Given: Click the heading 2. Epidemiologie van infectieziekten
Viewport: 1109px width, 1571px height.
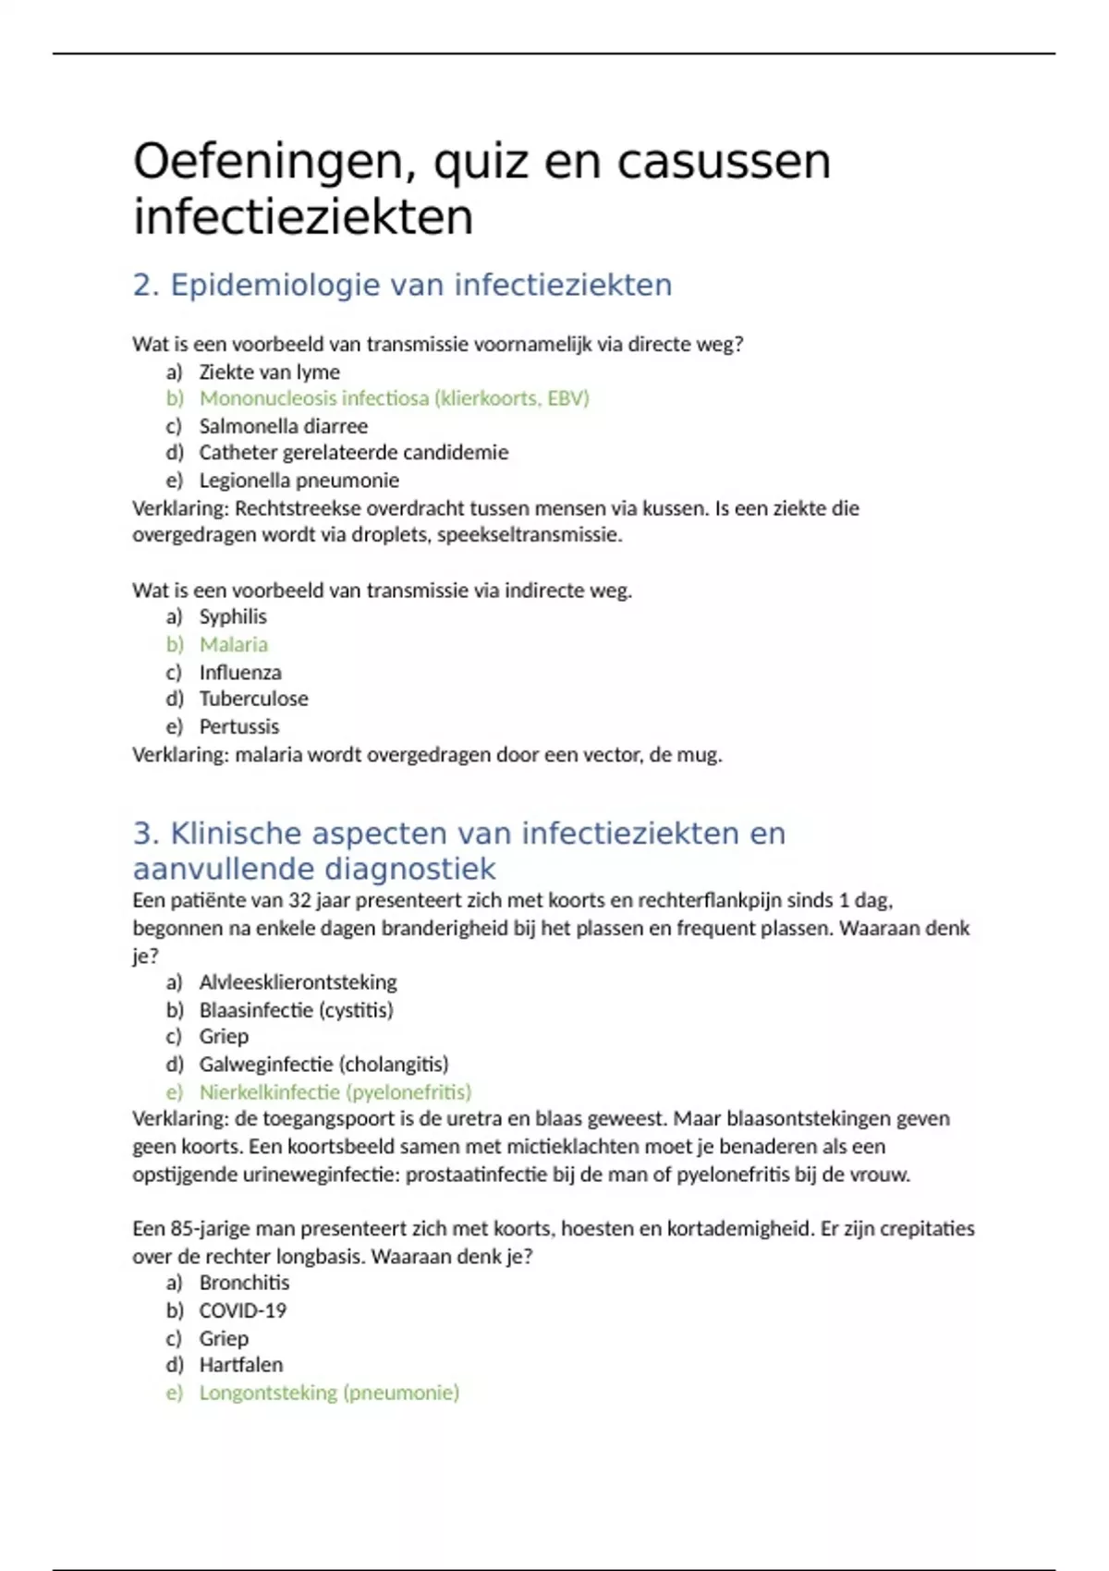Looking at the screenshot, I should pos(402,285).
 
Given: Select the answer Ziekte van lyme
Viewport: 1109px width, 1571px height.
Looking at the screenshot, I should pos(269,372).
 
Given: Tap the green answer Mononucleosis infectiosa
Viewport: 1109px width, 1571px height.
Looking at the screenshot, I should pos(394,398).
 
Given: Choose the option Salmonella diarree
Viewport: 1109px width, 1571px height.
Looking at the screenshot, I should pos(283,426).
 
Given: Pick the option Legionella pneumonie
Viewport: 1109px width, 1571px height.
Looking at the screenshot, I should pos(299,481).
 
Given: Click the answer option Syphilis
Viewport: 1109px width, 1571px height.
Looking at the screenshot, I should pos(233,616).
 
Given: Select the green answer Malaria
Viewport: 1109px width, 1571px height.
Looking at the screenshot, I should pos(233,644).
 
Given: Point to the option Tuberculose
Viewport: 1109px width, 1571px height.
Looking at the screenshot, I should pos(253,699).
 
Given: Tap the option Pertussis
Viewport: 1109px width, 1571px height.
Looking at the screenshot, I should pos(238,726).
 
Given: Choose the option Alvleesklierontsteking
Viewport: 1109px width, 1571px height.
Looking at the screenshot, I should pos(298,981).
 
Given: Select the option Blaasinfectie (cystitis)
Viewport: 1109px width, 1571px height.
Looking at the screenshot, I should pos(296,1009).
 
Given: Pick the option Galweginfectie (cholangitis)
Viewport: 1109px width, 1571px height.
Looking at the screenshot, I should pos(323,1064).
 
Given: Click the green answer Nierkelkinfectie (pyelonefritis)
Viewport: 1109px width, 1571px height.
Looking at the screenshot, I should pos(335,1091).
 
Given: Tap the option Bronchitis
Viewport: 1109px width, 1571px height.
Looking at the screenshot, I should pos(244,1283).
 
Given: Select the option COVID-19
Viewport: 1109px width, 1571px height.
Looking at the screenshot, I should pos(242,1310).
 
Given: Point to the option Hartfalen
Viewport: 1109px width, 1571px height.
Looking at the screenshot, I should pos(240,1365).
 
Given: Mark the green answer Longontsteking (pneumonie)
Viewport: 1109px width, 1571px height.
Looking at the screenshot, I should pos(329,1393).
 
